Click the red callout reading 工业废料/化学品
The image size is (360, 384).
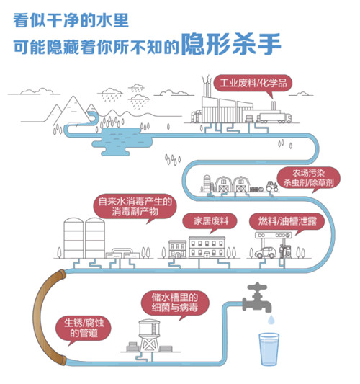click(x=252, y=82)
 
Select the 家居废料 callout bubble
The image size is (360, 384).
click(x=206, y=220)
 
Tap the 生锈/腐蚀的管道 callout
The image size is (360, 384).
click(x=84, y=326)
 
